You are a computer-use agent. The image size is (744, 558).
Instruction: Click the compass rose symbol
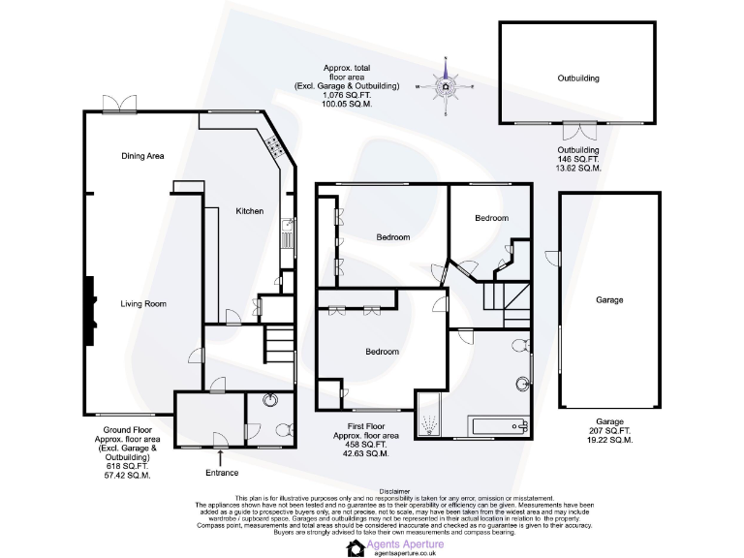(x=445, y=87)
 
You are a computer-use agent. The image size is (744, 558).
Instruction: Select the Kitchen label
(x=250, y=211)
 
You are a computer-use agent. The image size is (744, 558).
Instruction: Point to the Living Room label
(x=142, y=304)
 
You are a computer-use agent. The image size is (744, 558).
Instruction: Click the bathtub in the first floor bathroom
(x=496, y=424)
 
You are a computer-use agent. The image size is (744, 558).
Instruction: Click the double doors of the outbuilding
(x=577, y=129)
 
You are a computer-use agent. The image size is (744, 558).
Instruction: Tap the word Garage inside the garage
(x=609, y=300)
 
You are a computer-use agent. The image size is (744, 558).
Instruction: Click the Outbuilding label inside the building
(x=577, y=77)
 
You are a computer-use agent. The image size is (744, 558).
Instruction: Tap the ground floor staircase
(x=279, y=341)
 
